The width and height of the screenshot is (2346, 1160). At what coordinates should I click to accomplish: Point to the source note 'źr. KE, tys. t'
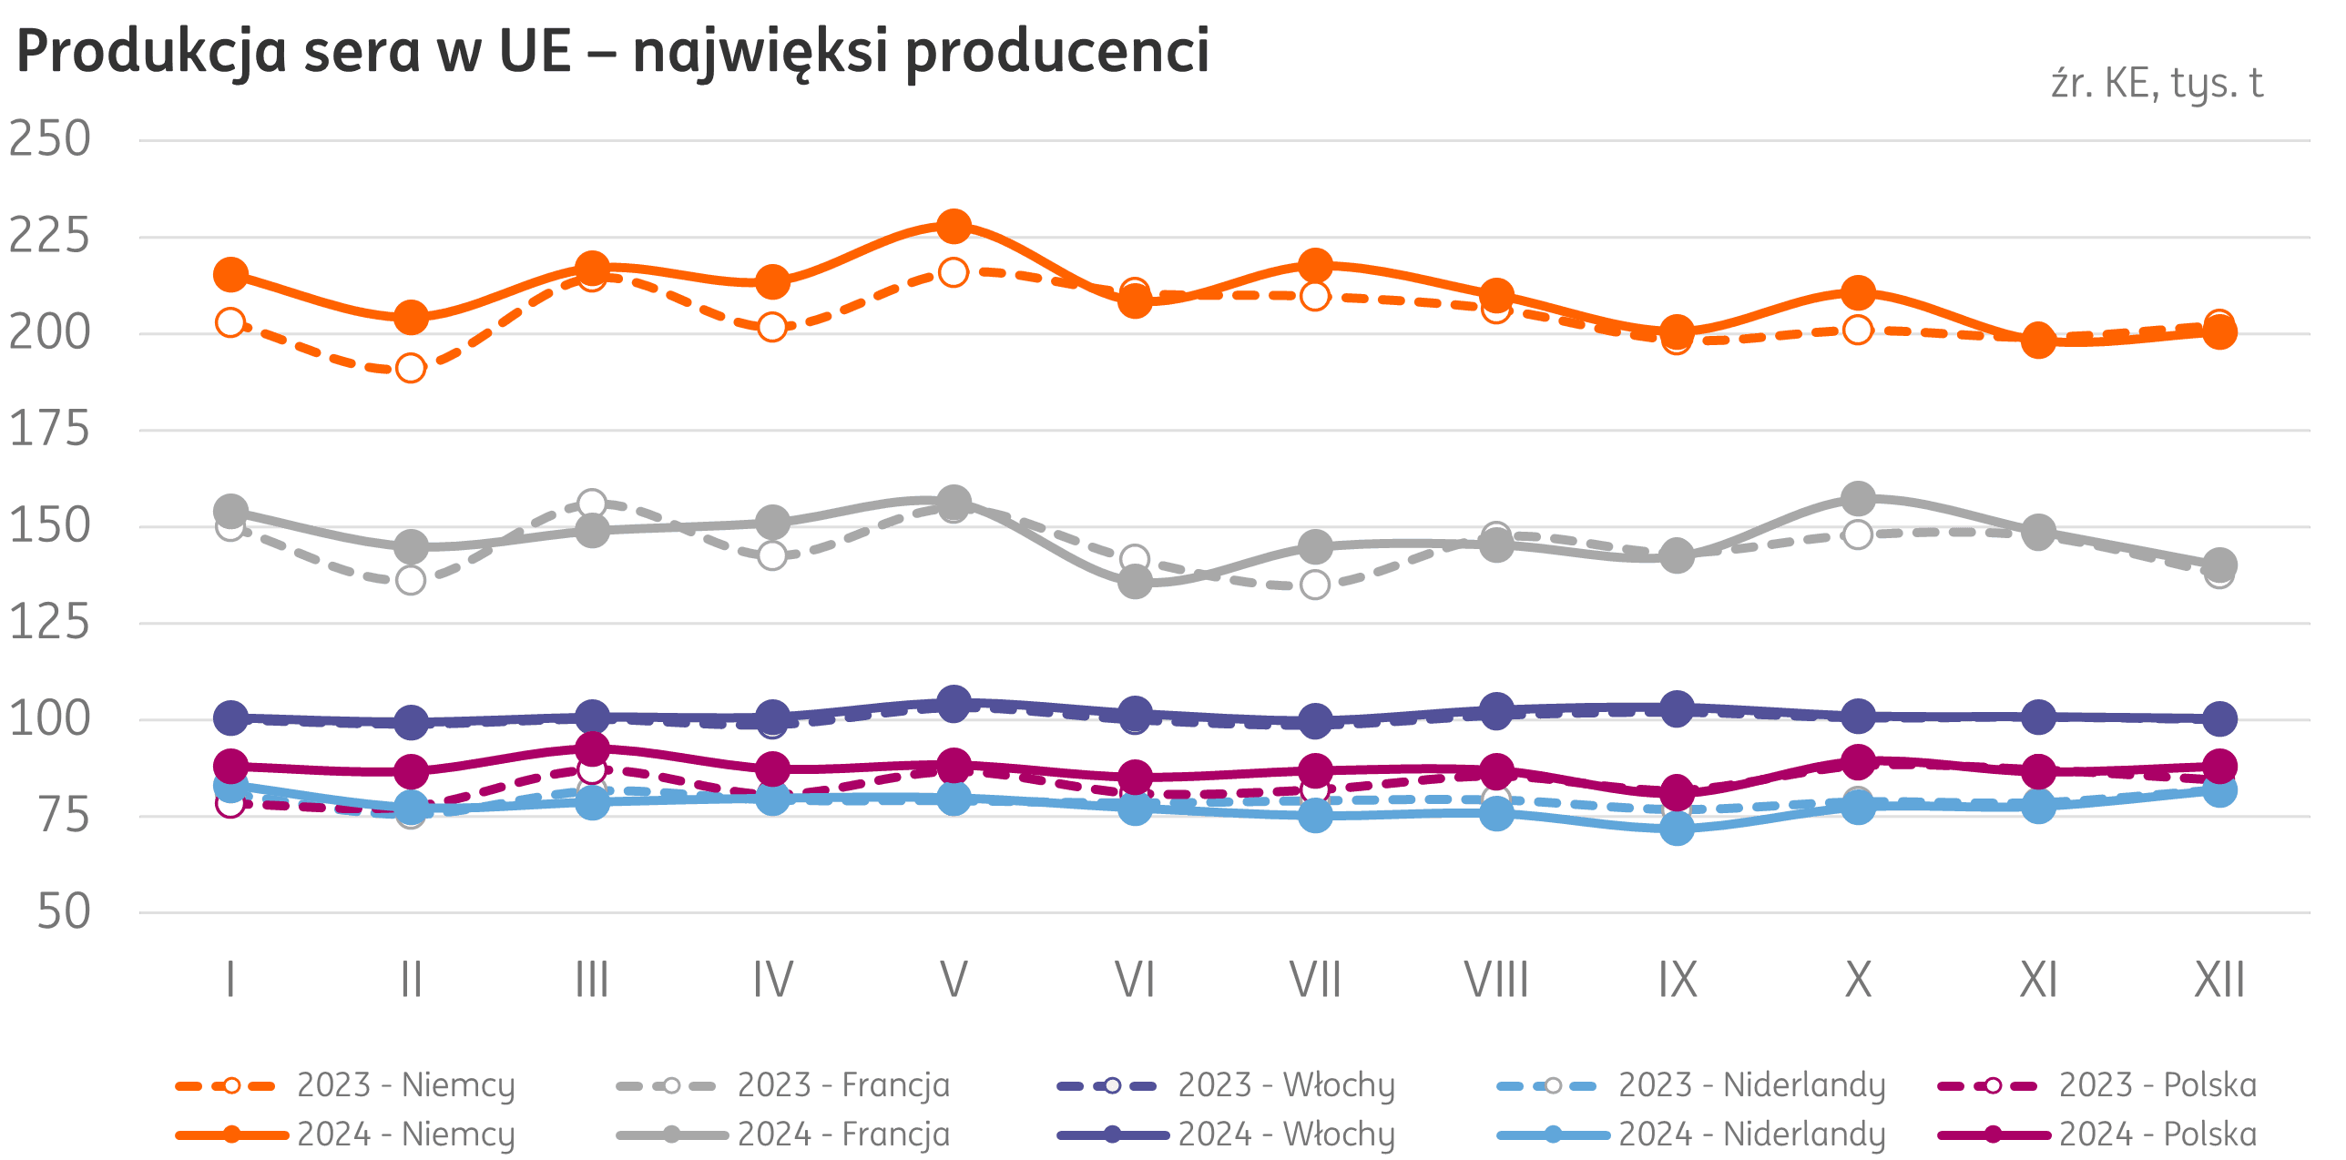coord(2156,84)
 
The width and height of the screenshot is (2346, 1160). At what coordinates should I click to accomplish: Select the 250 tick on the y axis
coord(50,139)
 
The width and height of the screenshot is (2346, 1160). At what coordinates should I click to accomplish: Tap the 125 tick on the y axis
coord(50,623)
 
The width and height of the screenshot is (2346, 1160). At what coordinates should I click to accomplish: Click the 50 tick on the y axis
coord(64,911)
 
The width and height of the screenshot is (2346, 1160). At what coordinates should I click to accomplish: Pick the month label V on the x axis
coord(954,981)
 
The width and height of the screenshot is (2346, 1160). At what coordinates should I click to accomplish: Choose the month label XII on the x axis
coord(2219,981)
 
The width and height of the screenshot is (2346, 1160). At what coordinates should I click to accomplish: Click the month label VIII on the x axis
coord(1496,981)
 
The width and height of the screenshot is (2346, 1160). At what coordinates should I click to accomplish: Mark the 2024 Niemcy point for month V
coord(954,227)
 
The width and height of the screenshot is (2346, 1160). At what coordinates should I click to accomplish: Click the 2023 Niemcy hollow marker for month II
coord(411,369)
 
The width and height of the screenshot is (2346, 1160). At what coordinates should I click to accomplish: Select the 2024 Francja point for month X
coord(1858,498)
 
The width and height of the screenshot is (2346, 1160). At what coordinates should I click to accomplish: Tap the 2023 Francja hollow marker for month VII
coord(1315,585)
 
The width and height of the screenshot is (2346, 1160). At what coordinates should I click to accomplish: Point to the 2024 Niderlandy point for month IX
coord(1677,829)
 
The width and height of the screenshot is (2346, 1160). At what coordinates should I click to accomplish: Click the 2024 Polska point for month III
coord(592,749)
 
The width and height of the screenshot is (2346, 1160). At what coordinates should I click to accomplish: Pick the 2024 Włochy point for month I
coord(230,717)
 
